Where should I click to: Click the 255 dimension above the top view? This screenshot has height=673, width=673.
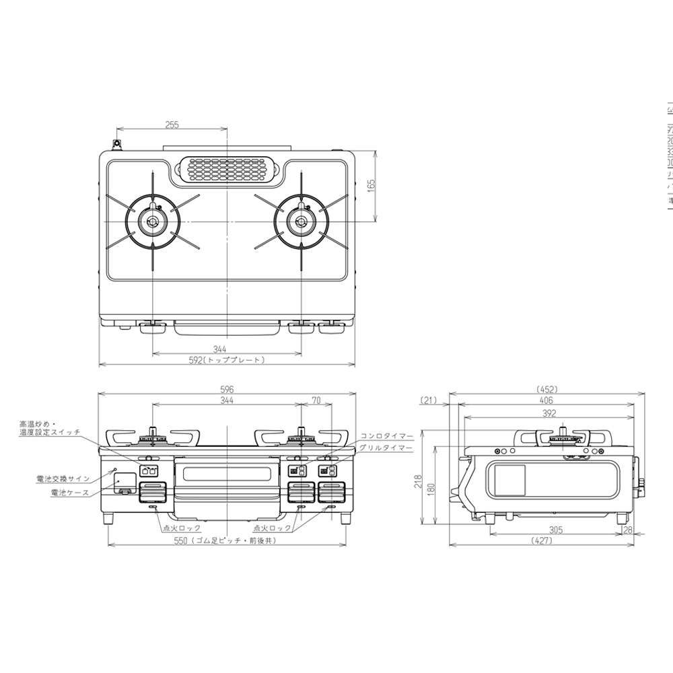[x=172, y=125]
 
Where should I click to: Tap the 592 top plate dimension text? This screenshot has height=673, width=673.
[x=227, y=360]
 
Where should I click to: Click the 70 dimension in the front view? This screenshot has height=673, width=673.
[x=316, y=400]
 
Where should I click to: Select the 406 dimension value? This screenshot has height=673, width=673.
[x=546, y=400]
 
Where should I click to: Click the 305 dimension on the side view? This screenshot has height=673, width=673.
[x=555, y=530]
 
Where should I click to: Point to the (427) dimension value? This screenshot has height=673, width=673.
[x=546, y=540]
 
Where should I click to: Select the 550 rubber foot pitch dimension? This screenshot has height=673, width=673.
[x=227, y=540]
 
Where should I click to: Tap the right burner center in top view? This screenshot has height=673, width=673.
[x=301, y=221]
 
